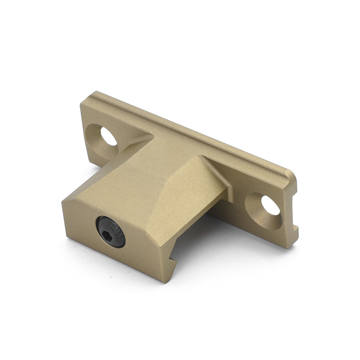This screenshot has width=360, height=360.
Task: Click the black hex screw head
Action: pos(111,231)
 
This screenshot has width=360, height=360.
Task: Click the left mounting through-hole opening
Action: pos(108,136)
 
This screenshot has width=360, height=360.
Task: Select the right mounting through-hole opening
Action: pos(270,206)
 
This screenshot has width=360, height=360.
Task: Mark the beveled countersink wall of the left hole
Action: pos(96,139)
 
